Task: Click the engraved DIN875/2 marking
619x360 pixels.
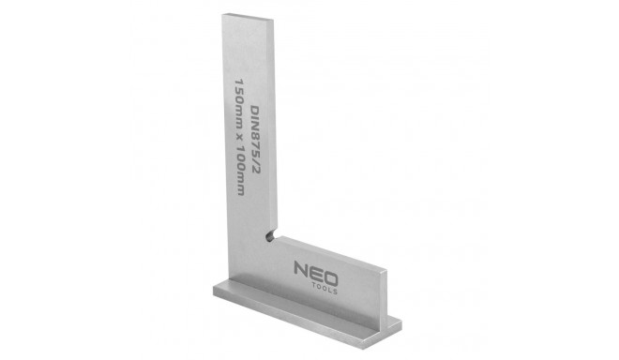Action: pyautogui.click(x=256, y=140)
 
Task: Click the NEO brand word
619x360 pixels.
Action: pyautogui.click(x=316, y=273)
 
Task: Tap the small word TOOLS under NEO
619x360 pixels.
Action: pyautogui.click(x=325, y=288)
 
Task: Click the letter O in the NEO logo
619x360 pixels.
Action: pyautogui.click(x=331, y=278)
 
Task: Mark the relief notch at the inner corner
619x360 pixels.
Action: pyautogui.click(x=269, y=236)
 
